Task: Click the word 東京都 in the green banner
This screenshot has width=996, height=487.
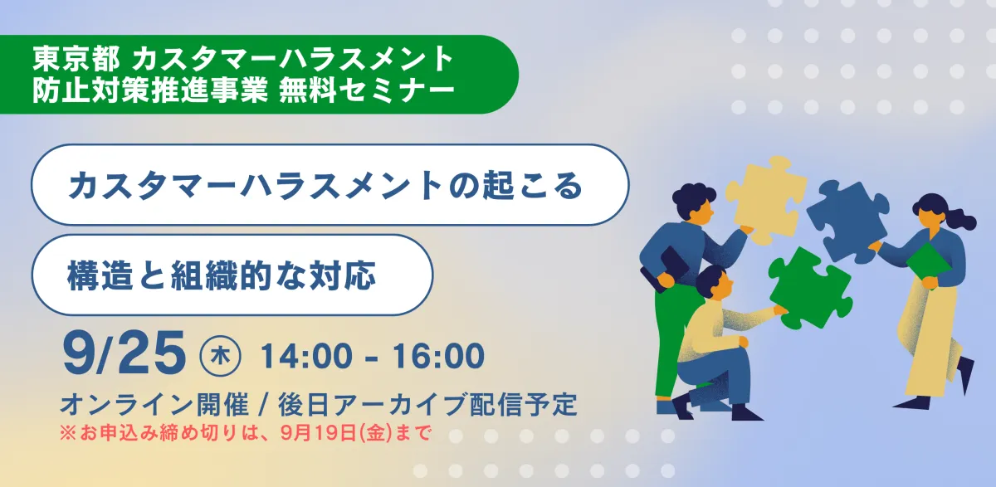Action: [x=76, y=59]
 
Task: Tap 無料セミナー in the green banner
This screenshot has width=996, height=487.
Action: [x=367, y=90]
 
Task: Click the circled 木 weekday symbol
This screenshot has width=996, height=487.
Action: [x=220, y=357]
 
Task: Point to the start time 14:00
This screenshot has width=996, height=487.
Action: [x=306, y=356]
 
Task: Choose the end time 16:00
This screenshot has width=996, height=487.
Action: [x=438, y=356]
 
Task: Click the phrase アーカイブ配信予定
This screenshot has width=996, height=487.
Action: [x=455, y=404]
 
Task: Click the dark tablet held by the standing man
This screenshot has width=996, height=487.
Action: [x=666, y=270]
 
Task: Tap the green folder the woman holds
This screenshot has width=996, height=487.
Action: [x=929, y=266]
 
